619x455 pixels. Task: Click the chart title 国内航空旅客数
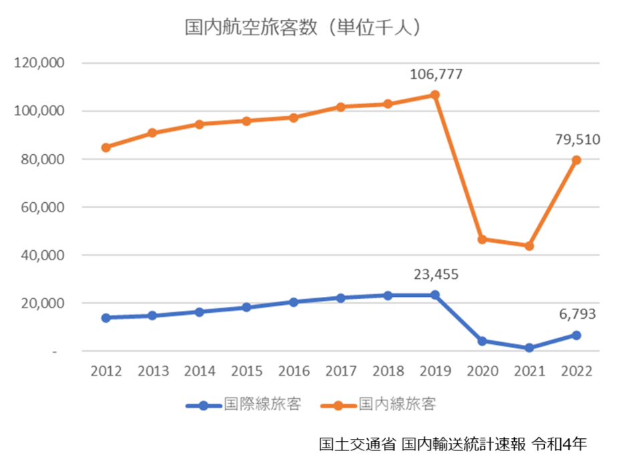[x=251, y=27]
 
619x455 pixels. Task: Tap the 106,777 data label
[x=436, y=74]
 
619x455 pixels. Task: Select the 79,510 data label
[x=578, y=139]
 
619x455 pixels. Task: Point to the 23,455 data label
[x=436, y=274]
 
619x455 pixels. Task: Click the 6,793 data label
[x=577, y=314]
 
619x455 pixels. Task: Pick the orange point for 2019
[x=435, y=95]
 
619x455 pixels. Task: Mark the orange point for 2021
[x=530, y=246]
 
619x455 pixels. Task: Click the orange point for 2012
[x=106, y=148]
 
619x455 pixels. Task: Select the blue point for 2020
[x=482, y=341]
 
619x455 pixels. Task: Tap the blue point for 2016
[x=294, y=302]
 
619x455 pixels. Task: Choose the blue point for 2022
[x=576, y=336]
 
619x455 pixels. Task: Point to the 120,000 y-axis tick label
[x=39, y=63]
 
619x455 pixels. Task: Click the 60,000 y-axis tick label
[x=43, y=207]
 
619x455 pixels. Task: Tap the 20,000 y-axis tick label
[x=43, y=304]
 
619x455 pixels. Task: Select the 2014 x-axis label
[x=200, y=371]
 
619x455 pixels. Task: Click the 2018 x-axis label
[x=389, y=371]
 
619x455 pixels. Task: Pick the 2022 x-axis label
[x=577, y=371]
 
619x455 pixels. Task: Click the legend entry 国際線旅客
[x=244, y=404]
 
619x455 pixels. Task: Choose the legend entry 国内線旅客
[x=379, y=404]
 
